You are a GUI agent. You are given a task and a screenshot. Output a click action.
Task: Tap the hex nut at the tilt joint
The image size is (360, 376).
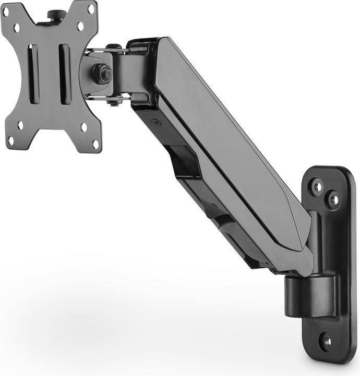click(102, 74)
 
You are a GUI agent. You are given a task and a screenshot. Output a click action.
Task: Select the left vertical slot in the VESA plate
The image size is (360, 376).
click(33, 74)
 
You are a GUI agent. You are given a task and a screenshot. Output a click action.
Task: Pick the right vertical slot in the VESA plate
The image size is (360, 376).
click(65, 74)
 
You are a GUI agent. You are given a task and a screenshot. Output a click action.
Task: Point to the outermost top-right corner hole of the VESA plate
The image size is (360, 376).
click(91, 9)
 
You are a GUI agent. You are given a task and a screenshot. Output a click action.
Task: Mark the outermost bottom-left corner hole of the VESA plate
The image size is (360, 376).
click(10, 140)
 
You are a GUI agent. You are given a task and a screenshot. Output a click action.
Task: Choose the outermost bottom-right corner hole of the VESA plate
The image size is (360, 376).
click(95, 144)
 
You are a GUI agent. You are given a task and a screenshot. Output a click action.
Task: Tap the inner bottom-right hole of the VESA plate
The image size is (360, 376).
click(83, 127)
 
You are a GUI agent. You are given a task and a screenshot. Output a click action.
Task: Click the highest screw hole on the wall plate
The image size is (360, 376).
click(316, 185)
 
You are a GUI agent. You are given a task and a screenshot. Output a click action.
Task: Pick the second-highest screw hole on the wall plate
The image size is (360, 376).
click(332, 199)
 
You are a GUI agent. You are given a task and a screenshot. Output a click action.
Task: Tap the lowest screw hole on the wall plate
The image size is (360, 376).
click(326, 343)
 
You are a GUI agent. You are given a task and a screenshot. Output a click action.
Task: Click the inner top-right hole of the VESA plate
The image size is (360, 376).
click(80, 26)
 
